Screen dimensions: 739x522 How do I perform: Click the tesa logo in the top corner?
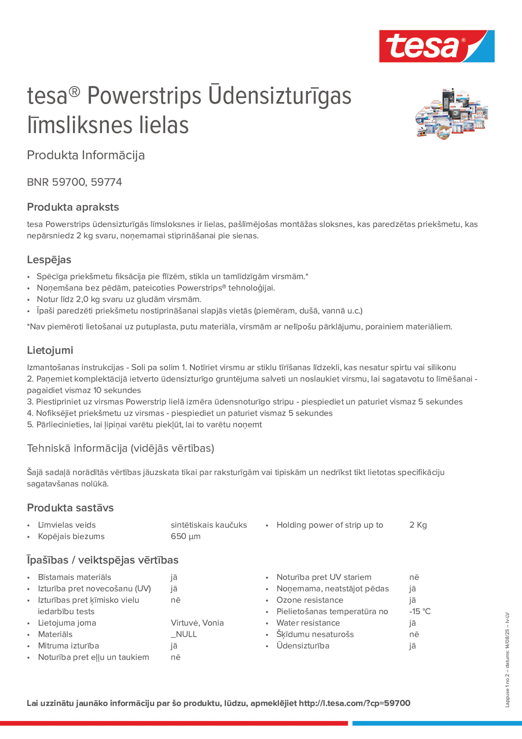(437, 46)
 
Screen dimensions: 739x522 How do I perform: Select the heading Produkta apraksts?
(73, 207)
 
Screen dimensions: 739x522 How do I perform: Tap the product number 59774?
(106, 182)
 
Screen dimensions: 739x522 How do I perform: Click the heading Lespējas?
(49, 260)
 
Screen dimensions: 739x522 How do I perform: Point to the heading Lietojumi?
(50, 350)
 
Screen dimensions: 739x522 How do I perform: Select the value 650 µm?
(185, 536)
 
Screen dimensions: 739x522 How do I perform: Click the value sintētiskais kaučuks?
(209, 525)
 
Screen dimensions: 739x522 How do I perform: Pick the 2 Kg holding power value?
(418, 525)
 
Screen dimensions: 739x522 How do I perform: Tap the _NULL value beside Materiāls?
(183, 634)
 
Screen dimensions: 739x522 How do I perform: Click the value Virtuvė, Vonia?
(197, 623)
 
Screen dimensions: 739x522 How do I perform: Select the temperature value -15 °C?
(420, 611)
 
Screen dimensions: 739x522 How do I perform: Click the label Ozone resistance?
(310, 600)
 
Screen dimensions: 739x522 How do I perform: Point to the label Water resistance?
(308, 623)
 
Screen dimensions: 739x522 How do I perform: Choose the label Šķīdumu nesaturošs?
(315, 634)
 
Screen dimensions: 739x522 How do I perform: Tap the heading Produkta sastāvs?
(70, 508)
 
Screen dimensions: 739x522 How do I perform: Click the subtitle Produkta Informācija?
(85, 155)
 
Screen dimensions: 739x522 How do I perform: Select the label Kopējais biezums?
(71, 536)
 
